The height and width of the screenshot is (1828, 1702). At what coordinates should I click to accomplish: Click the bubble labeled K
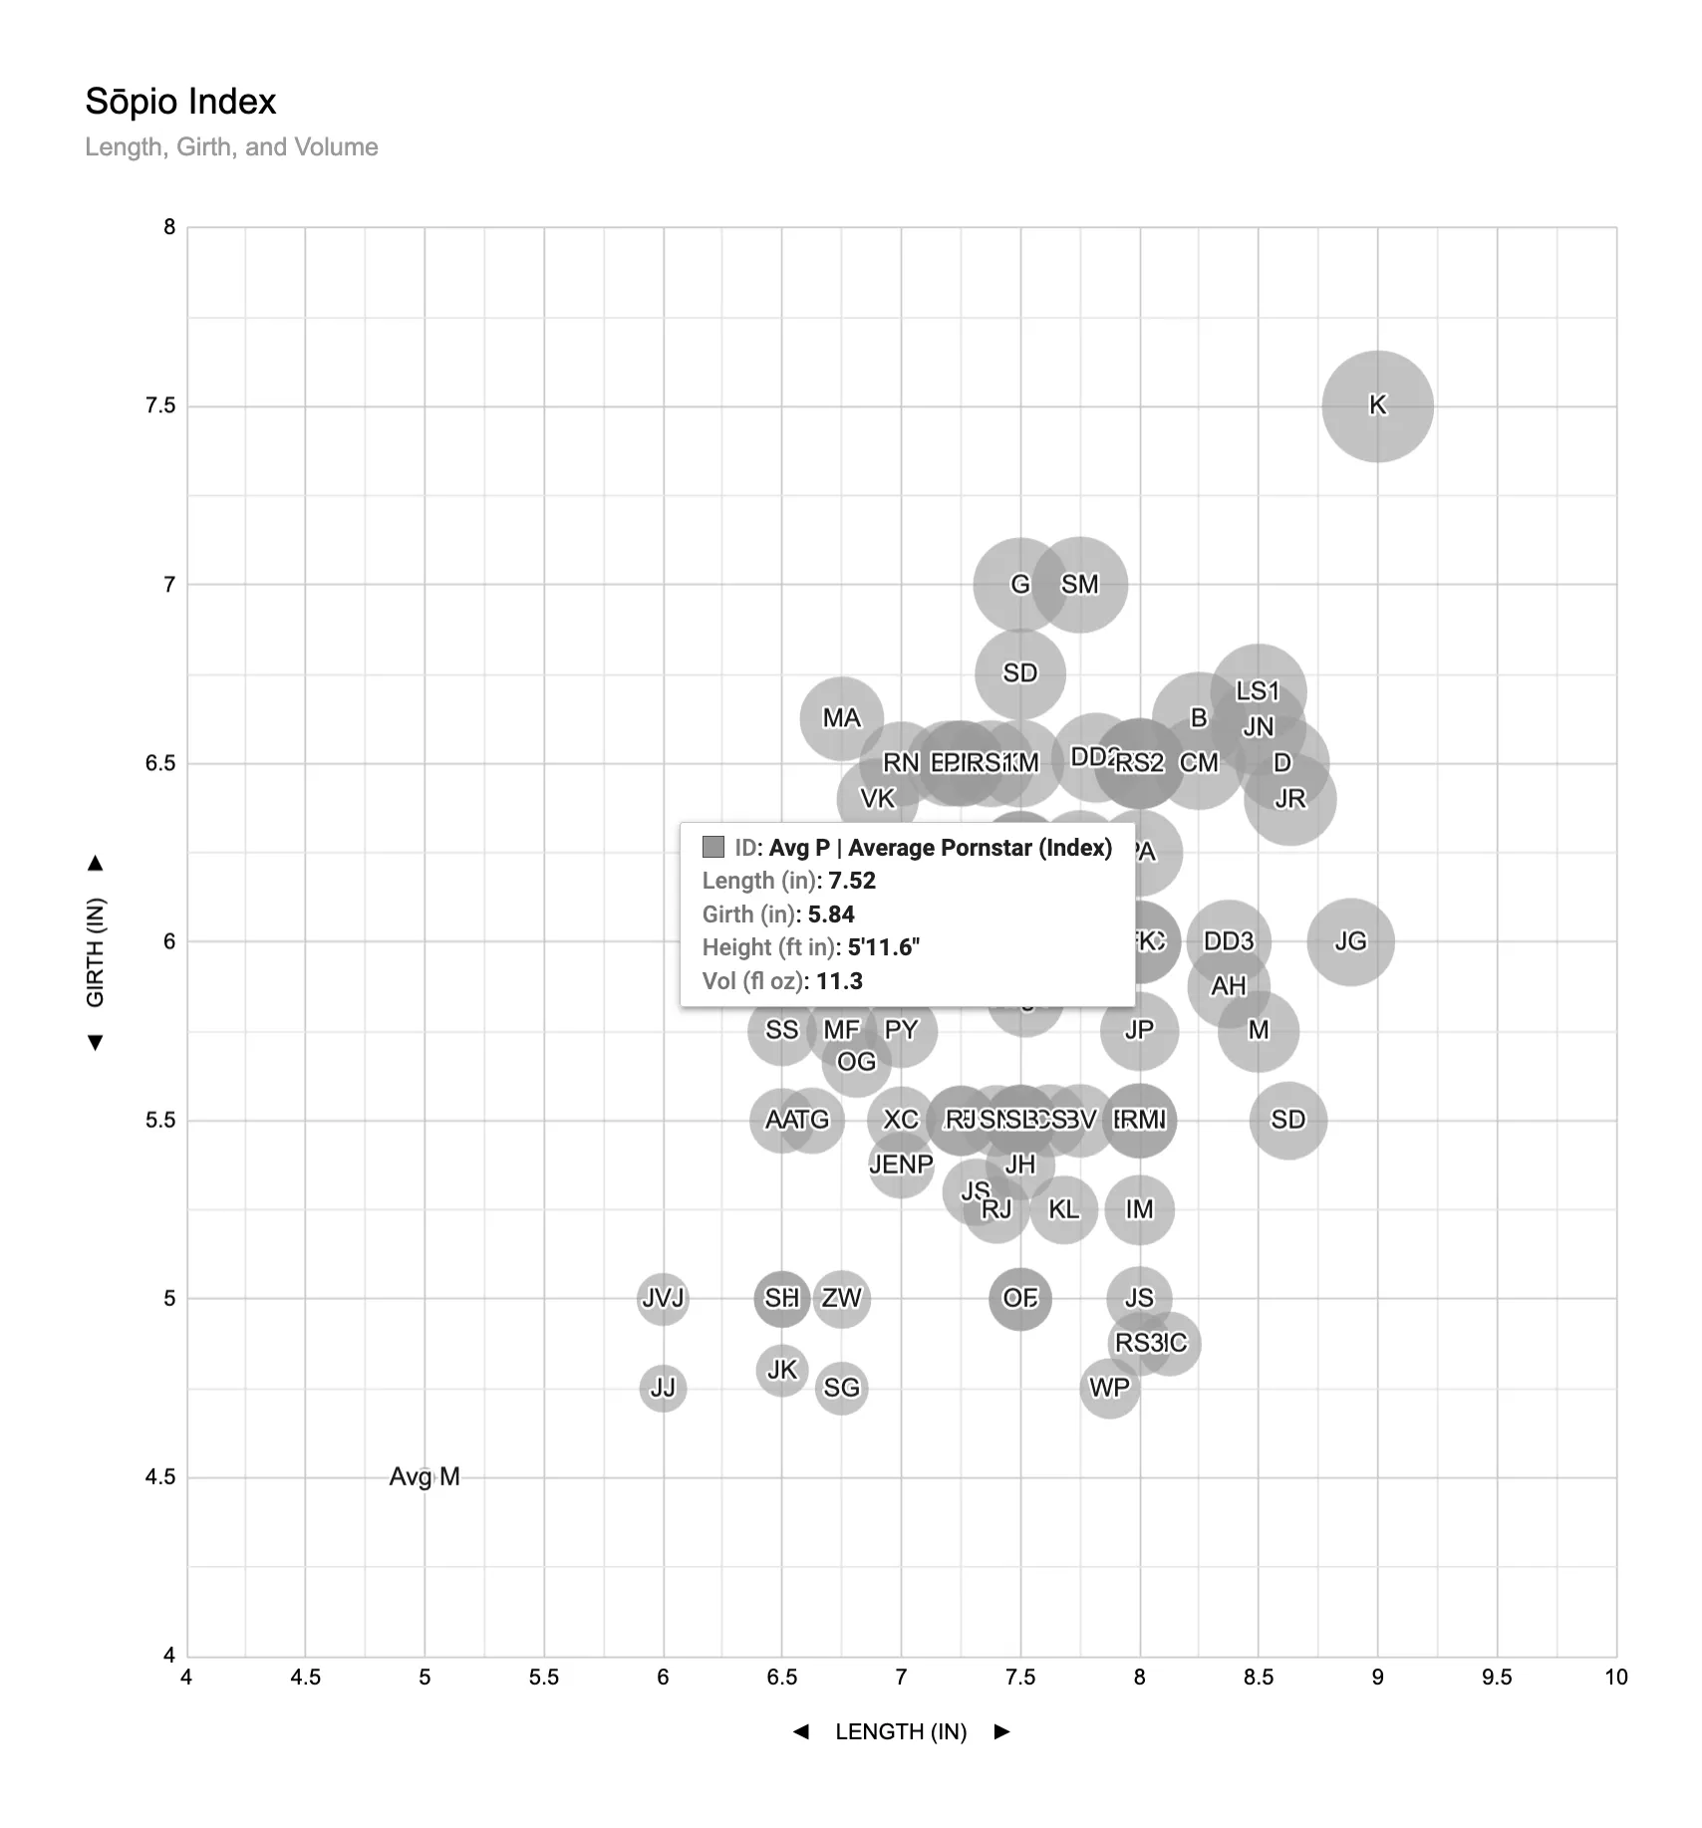[1377, 405]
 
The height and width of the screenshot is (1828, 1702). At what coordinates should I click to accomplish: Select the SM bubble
[1080, 585]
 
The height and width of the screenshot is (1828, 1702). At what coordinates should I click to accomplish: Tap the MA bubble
[841, 718]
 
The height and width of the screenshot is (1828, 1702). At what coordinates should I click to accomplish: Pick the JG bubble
[1350, 941]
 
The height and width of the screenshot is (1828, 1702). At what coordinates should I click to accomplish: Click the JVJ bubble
[663, 1298]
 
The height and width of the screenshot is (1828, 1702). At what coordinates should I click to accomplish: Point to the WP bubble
[1109, 1388]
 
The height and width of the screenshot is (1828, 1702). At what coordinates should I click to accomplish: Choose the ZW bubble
[841, 1298]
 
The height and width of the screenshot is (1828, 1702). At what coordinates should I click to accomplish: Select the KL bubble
[1063, 1209]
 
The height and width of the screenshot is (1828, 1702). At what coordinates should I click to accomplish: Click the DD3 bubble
[1229, 941]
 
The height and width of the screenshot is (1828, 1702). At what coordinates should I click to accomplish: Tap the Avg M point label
[425, 1476]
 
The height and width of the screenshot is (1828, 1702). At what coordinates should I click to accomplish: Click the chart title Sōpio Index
[180, 102]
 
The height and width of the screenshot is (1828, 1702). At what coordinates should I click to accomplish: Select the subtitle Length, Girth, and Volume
[231, 147]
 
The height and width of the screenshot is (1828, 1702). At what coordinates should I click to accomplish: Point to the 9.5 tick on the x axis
[1496, 1678]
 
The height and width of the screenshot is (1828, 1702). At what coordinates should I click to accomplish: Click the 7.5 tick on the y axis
[160, 405]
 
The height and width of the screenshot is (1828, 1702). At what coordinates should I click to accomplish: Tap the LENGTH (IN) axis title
[901, 1731]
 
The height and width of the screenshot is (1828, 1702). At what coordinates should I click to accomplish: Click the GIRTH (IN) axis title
[96, 952]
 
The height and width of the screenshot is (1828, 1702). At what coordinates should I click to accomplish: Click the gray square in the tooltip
[713, 847]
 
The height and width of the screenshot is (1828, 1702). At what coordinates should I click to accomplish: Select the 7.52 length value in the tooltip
[852, 881]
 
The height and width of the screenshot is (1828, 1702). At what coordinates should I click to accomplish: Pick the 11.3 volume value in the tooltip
[839, 981]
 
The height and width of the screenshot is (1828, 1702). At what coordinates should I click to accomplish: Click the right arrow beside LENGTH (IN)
[1002, 1731]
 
